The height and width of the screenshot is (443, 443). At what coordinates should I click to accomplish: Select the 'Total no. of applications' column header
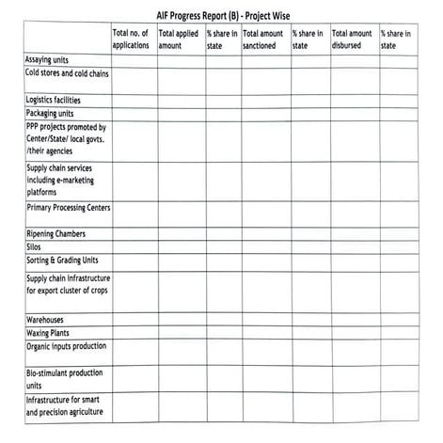[131, 40]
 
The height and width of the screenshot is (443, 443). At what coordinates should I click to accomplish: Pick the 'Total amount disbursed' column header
[352, 40]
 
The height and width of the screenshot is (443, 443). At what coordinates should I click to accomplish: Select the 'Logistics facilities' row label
[54, 100]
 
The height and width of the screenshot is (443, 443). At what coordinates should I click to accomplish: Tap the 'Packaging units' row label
[50, 113]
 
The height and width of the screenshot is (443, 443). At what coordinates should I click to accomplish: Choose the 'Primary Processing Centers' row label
[69, 207]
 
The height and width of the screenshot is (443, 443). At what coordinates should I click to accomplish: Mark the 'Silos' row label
[34, 247]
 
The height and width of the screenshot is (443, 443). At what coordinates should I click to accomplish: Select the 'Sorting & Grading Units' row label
[62, 261]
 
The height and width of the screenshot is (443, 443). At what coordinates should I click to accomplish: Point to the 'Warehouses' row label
[46, 320]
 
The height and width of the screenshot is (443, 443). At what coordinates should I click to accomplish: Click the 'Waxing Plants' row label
[48, 333]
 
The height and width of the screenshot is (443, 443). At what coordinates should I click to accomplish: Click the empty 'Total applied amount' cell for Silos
[180, 247]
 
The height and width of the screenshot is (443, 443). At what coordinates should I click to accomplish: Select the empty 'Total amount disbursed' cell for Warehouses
[354, 320]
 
